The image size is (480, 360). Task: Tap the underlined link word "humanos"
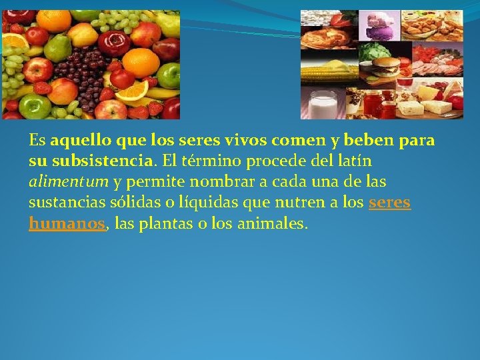click(x=67, y=224)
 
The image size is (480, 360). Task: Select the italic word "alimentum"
click(x=69, y=182)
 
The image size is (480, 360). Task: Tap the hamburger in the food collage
click(x=387, y=67)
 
